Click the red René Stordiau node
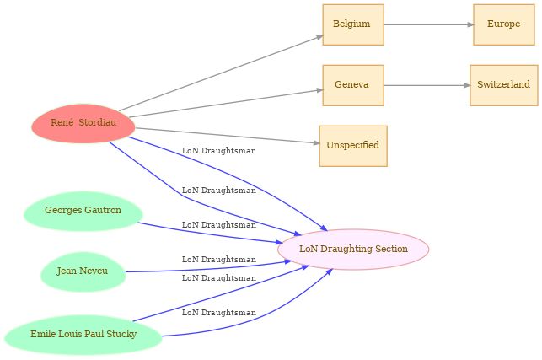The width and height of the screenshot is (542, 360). (83, 124)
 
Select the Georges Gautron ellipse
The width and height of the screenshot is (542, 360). (83, 211)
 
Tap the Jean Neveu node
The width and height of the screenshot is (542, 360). (83, 271)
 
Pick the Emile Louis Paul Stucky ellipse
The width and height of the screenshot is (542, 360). (83, 335)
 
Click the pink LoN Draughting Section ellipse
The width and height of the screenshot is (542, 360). (353, 250)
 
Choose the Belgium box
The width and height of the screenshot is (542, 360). (352, 24)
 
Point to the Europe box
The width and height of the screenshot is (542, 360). (503, 24)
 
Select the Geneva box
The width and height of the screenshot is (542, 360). (352, 85)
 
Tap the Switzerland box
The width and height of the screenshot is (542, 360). (503, 85)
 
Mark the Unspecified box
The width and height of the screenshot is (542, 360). (352, 146)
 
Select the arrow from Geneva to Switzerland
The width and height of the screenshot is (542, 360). (426, 85)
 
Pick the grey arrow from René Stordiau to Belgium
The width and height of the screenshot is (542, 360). (219, 73)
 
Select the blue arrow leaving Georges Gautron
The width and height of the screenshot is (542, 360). (211, 234)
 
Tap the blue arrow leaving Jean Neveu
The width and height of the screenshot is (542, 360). (211, 268)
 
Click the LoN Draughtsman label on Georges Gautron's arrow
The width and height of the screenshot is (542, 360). (218, 225)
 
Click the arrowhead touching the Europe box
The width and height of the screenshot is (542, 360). (469, 24)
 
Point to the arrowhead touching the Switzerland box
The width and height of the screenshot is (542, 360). (466, 85)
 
